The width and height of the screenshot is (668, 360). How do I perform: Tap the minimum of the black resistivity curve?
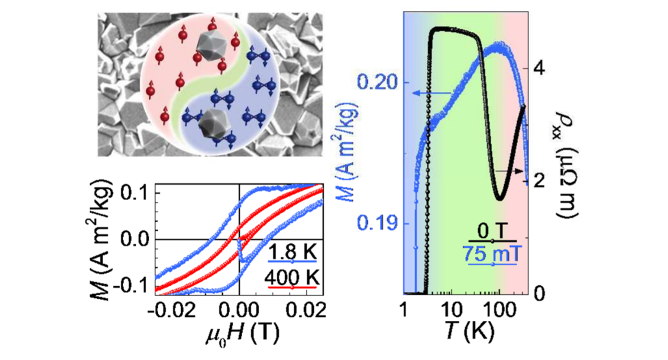[x=499, y=199]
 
